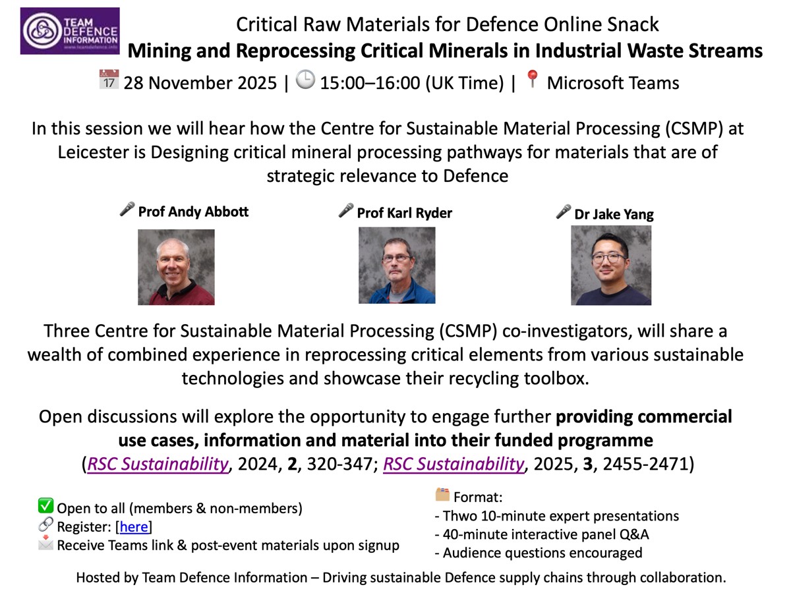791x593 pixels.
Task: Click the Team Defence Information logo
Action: tap(70, 31)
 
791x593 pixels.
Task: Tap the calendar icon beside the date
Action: tap(109, 80)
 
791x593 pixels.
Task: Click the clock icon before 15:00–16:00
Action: tap(305, 79)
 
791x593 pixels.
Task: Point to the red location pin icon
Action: tap(532, 79)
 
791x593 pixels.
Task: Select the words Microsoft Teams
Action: tap(613, 83)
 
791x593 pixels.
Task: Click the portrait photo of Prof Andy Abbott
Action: tap(176, 267)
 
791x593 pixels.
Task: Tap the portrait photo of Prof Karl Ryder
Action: tap(397, 265)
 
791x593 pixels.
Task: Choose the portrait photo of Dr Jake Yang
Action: tap(611, 266)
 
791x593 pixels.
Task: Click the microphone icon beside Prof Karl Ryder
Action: tap(346, 210)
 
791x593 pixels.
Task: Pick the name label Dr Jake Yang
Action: tap(614, 215)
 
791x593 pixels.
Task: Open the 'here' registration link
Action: tap(134, 526)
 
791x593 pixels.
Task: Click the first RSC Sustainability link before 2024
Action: tap(158, 464)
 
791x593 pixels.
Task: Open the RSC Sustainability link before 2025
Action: tap(454, 464)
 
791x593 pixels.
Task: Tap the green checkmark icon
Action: tap(45, 505)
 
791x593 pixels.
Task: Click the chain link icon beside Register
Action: tap(45, 524)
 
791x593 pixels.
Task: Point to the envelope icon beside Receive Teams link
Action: tap(45, 543)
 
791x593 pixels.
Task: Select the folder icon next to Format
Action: tap(442, 495)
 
